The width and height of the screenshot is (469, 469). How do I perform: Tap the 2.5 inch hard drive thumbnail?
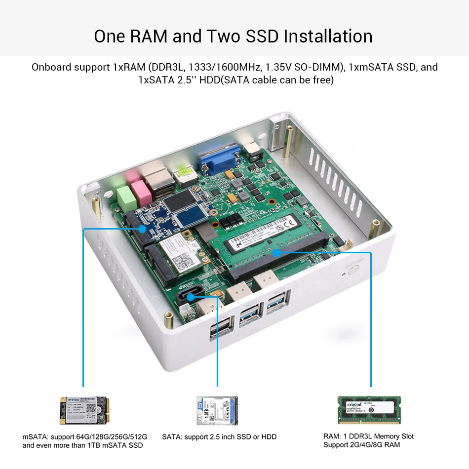217,411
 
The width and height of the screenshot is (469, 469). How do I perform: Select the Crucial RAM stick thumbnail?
369,410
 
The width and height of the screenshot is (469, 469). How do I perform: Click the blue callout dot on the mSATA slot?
142,229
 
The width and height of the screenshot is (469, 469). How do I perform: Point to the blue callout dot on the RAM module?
277,252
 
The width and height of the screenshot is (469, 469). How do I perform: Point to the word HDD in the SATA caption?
269,437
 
